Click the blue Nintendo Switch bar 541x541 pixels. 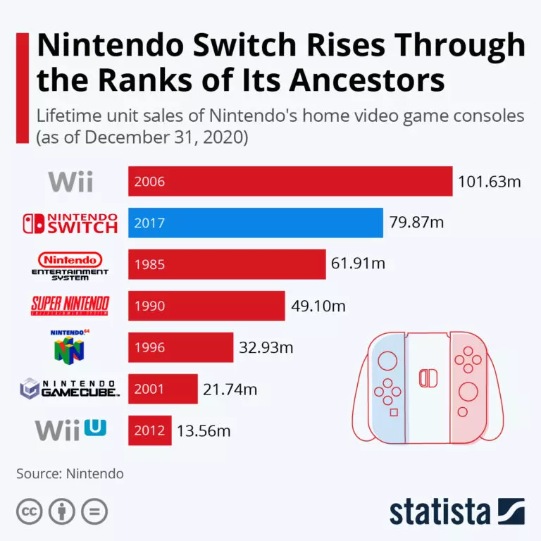pyautogui.click(x=255, y=223)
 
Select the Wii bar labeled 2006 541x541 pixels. pyautogui.click(x=290, y=181)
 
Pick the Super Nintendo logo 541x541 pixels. pyautogui.click(x=70, y=305)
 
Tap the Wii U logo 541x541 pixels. pyautogui.click(x=70, y=429)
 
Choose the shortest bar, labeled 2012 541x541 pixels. pyautogui.click(x=149, y=430)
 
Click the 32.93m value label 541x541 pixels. pyautogui.click(x=266, y=347)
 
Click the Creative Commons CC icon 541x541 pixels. pyautogui.click(x=29, y=511)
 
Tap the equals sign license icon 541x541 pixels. pyautogui.click(x=94, y=511)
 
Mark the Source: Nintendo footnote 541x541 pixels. pyautogui.click(x=70, y=473)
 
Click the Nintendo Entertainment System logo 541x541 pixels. pyautogui.click(x=70, y=265)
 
